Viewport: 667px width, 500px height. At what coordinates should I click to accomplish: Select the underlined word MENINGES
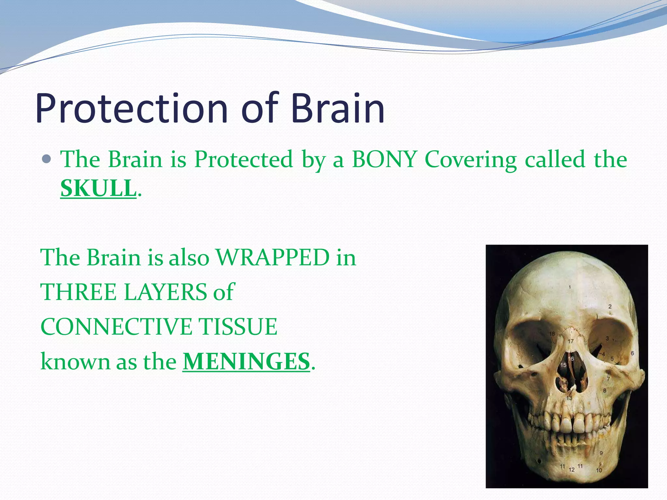(x=246, y=361)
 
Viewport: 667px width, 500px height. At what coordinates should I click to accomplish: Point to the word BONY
(x=385, y=160)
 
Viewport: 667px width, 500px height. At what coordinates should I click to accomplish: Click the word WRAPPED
(x=273, y=257)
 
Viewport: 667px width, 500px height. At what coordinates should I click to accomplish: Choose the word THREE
(x=78, y=292)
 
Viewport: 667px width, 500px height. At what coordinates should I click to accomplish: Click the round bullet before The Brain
(x=47, y=159)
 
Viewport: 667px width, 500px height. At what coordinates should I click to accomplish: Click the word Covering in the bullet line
(x=471, y=160)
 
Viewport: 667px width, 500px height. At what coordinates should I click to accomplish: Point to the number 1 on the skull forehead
(x=570, y=287)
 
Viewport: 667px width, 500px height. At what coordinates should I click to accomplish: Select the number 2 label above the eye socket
(x=610, y=306)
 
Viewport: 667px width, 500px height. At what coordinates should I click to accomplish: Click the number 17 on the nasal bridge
(x=571, y=341)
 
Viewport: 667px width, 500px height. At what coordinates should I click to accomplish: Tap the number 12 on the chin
(x=572, y=470)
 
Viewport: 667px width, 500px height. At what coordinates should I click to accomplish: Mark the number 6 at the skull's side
(x=632, y=353)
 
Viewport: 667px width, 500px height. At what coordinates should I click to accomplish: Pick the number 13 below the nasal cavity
(x=569, y=398)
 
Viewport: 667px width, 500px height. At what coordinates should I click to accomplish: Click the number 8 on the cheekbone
(x=604, y=390)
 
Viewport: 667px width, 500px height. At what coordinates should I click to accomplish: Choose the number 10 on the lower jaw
(x=599, y=470)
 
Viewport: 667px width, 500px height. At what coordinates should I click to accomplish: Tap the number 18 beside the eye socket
(x=552, y=334)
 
